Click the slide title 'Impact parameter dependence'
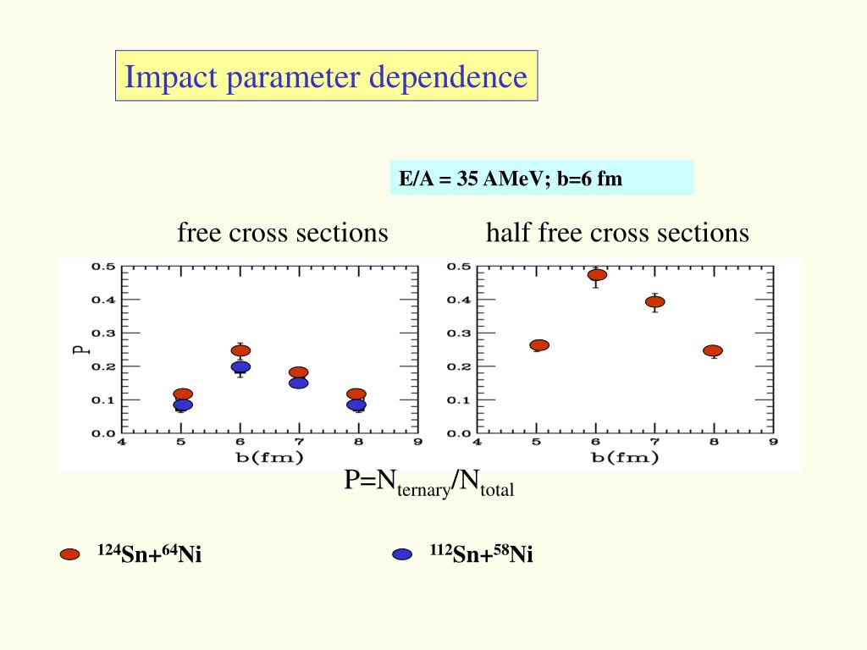click(326, 77)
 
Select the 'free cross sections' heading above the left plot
click(282, 233)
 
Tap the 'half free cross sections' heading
click(617, 233)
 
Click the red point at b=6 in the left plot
click(240, 350)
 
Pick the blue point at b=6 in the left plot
click(240, 367)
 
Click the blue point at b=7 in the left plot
click(298, 383)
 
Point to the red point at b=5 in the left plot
click(183, 394)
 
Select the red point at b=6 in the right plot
click(597, 275)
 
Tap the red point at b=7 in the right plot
click(654, 301)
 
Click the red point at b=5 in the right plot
click(539, 345)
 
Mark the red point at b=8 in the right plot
click(713, 350)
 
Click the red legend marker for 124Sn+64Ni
click(70, 555)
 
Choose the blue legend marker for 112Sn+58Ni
click(402, 555)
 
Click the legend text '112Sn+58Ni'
click(481, 555)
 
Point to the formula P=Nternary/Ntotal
click(428, 483)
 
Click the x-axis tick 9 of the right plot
click(773, 442)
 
